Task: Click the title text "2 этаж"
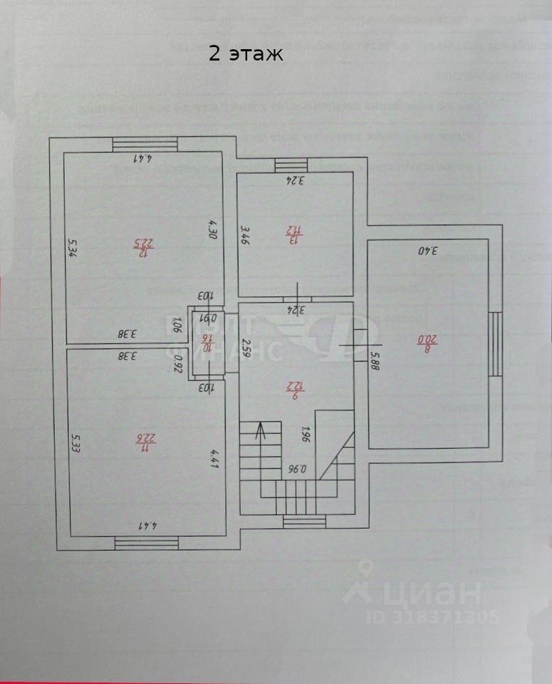click(246, 53)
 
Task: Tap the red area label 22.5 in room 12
click(145, 246)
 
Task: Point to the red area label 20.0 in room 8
click(427, 340)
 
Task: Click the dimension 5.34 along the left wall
click(71, 249)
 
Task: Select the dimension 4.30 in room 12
click(212, 229)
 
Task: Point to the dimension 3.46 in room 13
click(244, 234)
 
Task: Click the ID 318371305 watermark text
click(433, 617)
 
